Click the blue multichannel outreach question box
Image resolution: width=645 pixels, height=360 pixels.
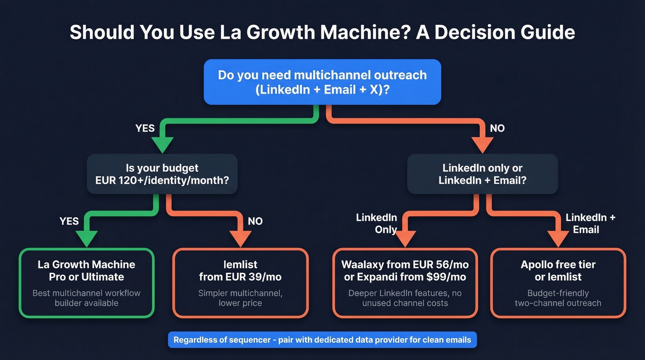pyautogui.click(x=322, y=82)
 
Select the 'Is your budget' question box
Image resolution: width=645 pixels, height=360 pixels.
pyautogui.click(x=162, y=174)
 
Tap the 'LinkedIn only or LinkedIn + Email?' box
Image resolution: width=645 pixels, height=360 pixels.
pyautogui.click(x=482, y=174)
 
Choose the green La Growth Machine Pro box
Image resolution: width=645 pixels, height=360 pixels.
pyautogui.click(x=87, y=283)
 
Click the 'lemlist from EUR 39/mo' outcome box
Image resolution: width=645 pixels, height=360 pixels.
pyautogui.click(x=240, y=283)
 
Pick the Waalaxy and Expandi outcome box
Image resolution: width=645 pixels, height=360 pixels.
pyautogui.click(x=405, y=283)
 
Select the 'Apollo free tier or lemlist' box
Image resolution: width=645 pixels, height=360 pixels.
pyautogui.click(x=558, y=283)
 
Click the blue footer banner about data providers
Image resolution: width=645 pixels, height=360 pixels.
pyautogui.click(x=322, y=340)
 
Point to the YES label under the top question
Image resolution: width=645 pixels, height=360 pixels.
pyautogui.click(x=145, y=128)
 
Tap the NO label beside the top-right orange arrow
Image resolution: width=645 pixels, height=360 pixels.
pyautogui.click(x=497, y=128)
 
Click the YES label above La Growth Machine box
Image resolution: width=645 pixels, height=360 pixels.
pyautogui.click(x=69, y=221)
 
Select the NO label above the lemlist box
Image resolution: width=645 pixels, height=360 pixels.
pyautogui.click(x=255, y=221)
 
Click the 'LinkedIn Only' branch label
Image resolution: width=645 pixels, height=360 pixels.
pyautogui.click(x=376, y=223)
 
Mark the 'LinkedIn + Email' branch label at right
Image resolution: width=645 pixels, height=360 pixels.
pyautogui.click(x=590, y=223)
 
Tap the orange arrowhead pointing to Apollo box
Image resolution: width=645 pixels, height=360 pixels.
pyautogui.click(x=558, y=239)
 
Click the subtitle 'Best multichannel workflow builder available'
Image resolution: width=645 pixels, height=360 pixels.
pyautogui.click(x=87, y=298)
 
